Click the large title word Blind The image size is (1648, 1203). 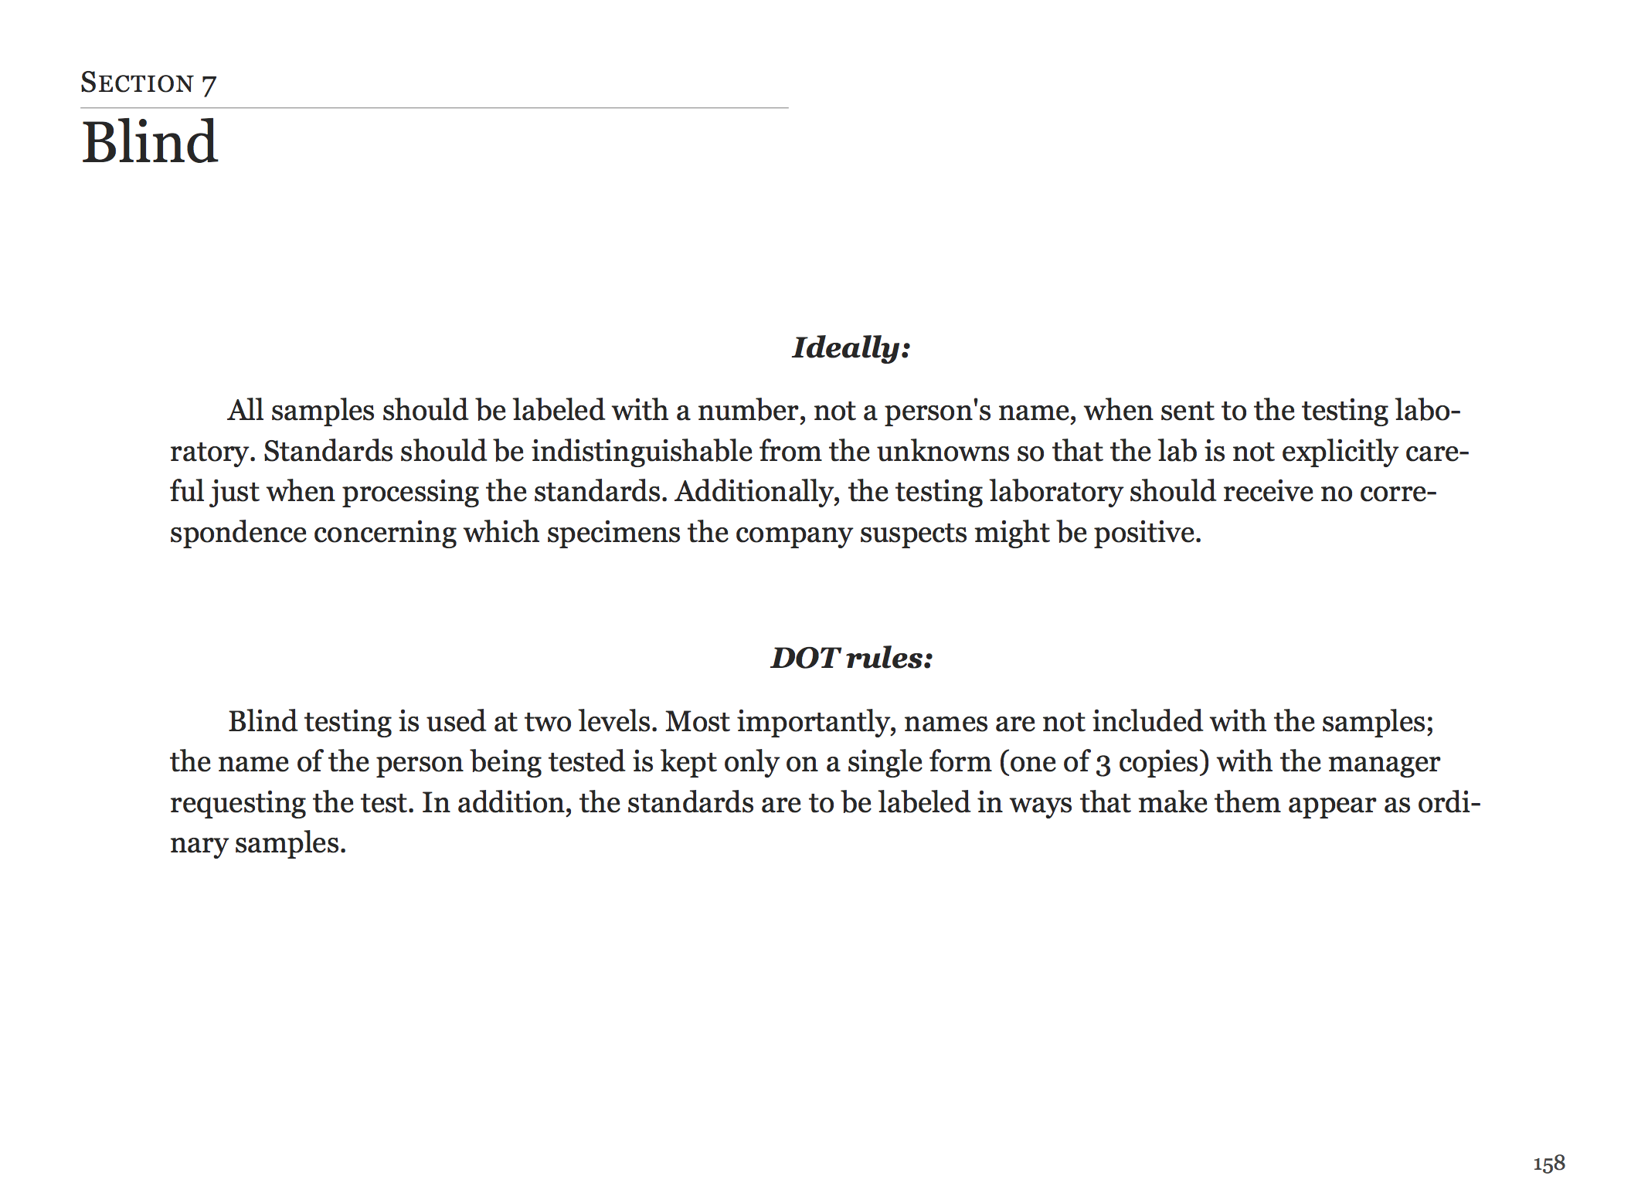click(150, 143)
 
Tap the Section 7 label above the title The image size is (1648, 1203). click(148, 83)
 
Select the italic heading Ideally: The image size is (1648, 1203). click(851, 347)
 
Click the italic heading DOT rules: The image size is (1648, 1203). click(851, 658)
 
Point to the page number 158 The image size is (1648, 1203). click(1549, 1163)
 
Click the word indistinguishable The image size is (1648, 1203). click(641, 451)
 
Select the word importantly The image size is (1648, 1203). click(816, 722)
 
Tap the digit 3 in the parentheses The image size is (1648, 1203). click(1103, 763)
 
